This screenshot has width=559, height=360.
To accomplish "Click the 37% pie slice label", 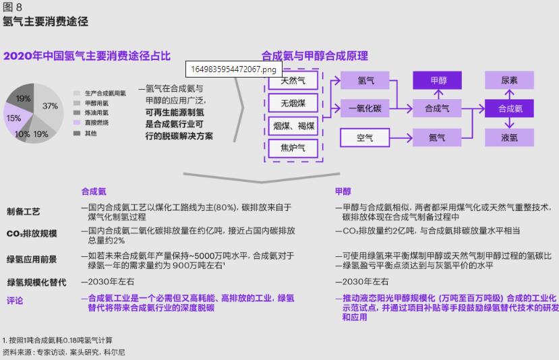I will point(50,107).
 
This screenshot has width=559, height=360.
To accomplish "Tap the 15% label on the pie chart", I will point(13,118).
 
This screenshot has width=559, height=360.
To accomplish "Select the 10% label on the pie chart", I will point(22,134).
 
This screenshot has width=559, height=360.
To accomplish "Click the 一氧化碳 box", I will point(365,108).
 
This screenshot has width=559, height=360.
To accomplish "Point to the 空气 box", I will point(365,138).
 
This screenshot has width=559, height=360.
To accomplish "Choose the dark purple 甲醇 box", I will point(438,80).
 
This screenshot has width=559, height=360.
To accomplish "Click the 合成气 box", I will point(438,108).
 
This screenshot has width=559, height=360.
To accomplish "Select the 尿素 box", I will point(510,80).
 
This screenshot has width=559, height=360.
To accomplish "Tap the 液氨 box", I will point(510,138).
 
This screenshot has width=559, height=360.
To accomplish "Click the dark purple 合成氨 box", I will point(510,108).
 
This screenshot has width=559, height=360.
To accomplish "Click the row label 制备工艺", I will point(24,212).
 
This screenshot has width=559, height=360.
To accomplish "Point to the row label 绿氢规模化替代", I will point(36,282).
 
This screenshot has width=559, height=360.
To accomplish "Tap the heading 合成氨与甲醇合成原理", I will point(315,56).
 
